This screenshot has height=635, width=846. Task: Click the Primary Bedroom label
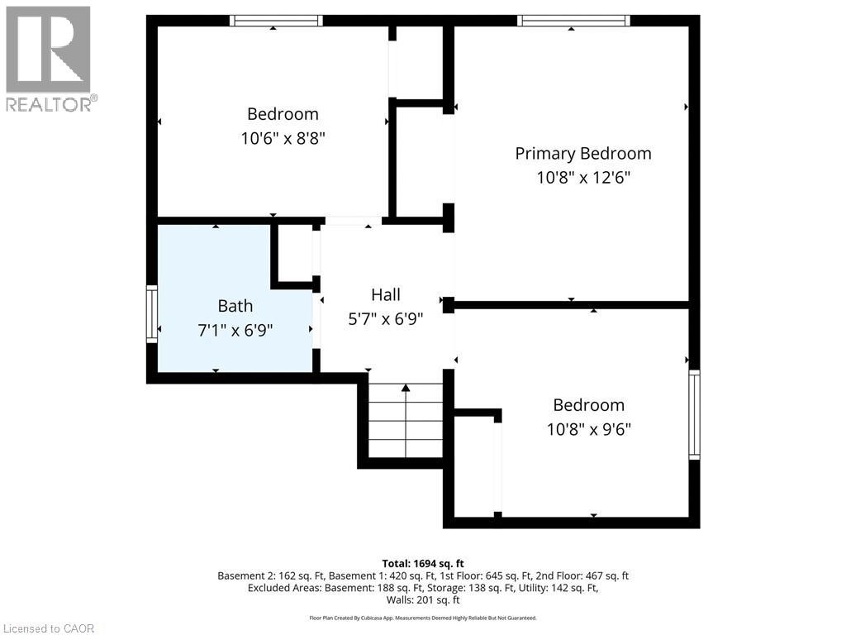(x=582, y=153)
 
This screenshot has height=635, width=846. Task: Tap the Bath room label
(x=235, y=306)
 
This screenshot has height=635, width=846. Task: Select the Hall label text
(x=385, y=294)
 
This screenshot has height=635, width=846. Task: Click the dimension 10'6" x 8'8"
(x=283, y=138)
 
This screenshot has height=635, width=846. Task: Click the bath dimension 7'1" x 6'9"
(x=235, y=330)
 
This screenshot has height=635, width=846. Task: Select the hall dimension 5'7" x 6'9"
(x=385, y=318)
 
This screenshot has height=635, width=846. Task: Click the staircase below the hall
(x=405, y=423)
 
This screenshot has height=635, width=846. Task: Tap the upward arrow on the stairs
(x=405, y=389)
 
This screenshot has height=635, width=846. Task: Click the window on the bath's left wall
(x=152, y=313)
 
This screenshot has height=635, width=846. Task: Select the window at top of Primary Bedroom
(x=573, y=21)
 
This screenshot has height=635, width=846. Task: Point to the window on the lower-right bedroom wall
(x=694, y=414)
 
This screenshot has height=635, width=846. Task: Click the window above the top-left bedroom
(x=275, y=21)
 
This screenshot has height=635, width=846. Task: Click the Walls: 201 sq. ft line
(x=423, y=600)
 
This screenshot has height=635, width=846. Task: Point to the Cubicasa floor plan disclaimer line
(x=423, y=618)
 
